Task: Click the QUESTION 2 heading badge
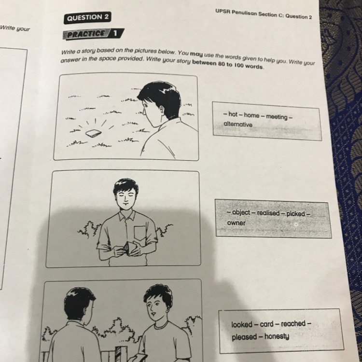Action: coord(87,17)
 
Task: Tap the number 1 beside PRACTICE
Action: coord(115,34)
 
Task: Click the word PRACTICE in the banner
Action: coord(86,34)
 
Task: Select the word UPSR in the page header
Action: coord(223,11)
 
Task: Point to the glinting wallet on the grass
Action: coord(94,133)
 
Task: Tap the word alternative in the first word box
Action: coord(238,124)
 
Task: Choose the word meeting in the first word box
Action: coord(277,117)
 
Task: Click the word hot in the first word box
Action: coord(233,114)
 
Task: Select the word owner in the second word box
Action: coord(236,223)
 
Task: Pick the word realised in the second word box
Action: coord(268,213)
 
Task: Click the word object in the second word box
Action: coord(241,212)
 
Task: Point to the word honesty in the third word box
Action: coord(277,336)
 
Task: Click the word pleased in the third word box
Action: coord(244,337)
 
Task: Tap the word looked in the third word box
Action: coord(242,325)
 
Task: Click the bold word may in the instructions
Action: coord(196,55)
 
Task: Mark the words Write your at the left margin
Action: coord(15,28)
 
